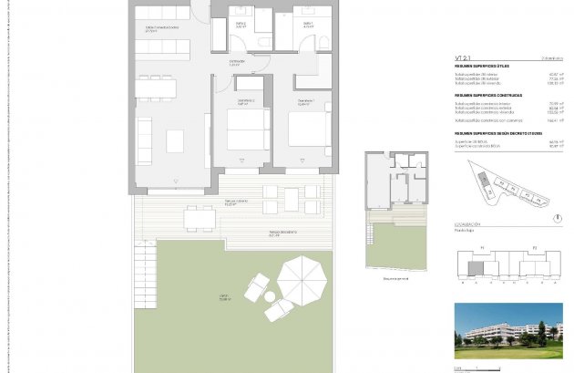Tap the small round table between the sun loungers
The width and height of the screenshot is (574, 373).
(x=269, y=295)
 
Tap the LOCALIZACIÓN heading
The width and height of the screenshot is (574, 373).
(x=470, y=224)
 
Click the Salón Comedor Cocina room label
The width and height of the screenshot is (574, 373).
(x=162, y=28)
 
